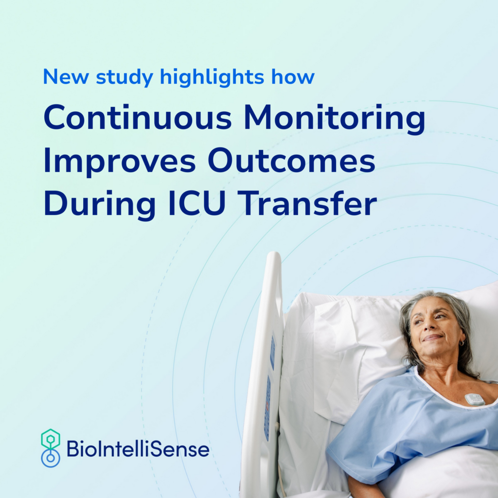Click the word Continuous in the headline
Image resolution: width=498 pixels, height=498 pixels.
pyautogui.click(x=138, y=117)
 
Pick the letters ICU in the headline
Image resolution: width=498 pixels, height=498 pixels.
pyautogui.click(x=197, y=203)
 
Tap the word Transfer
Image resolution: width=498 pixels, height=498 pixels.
pyautogui.click(x=307, y=203)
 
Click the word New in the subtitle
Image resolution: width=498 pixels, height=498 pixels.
pyautogui.click(x=66, y=77)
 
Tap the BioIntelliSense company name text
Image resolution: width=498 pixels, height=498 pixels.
pyautogui.click(x=138, y=448)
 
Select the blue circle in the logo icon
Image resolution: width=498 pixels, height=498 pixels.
pyautogui.click(x=51, y=458)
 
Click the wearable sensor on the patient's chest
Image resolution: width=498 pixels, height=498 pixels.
pyautogui.click(x=475, y=400)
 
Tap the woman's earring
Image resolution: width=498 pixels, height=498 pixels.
pyautogui.click(x=462, y=343)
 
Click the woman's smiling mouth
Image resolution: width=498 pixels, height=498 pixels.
pyautogui.click(x=432, y=338)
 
